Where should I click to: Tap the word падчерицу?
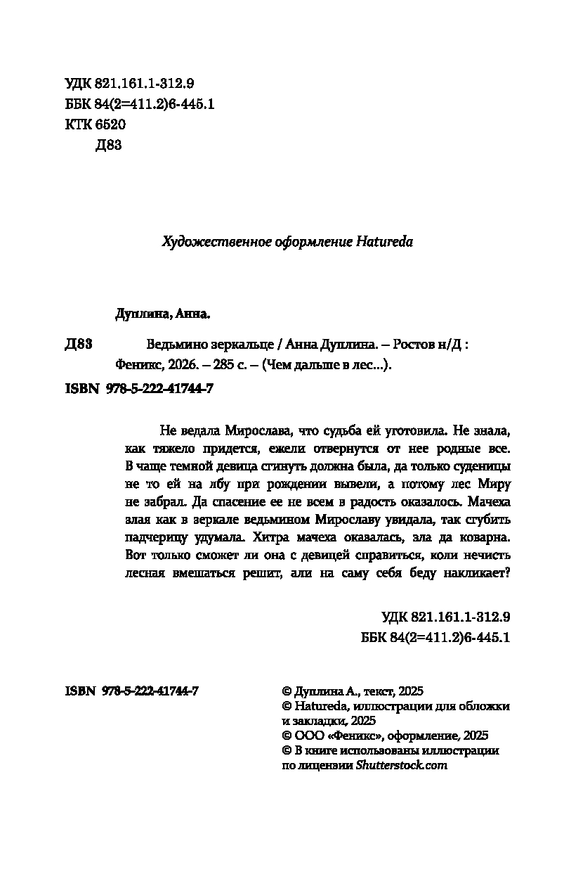coord(157,539)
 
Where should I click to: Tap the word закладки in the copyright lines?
coord(320,721)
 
